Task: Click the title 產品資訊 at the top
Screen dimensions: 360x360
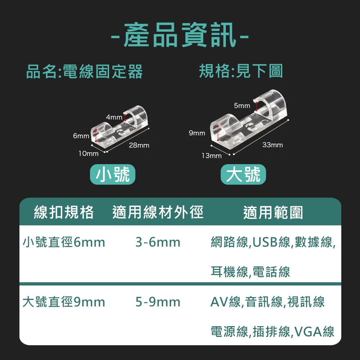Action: click(x=180, y=35)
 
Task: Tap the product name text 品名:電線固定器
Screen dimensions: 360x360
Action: click(x=85, y=71)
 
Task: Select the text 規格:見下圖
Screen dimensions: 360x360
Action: click(x=241, y=71)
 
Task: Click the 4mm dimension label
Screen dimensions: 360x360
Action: click(x=114, y=117)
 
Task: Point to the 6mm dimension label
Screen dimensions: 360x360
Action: click(x=81, y=136)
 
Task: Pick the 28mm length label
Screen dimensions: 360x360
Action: click(x=139, y=145)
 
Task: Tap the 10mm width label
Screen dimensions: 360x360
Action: click(x=89, y=154)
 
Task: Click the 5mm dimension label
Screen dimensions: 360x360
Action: click(x=242, y=105)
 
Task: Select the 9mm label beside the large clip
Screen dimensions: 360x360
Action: click(x=197, y=133)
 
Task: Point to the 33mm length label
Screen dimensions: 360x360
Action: click(x=273, y=145)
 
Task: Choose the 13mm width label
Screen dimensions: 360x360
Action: click(x=211, y=156)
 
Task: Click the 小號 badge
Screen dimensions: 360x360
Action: click(x=112, y=174)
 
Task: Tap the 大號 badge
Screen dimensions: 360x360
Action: click(x=243, y=174)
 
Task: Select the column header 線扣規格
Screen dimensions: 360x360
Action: click(x=64, y=212)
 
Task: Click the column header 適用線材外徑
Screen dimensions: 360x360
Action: click(x=158, y=212)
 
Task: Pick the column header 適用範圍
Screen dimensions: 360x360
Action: click(x=273, y=212)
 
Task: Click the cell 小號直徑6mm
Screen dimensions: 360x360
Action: click(x=64, y=242)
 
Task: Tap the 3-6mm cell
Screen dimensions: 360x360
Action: click(x=158, y=242)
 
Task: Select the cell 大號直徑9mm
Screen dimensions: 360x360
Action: click(x=64, y=302)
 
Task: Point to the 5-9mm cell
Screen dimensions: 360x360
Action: click(x=158, y=302)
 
